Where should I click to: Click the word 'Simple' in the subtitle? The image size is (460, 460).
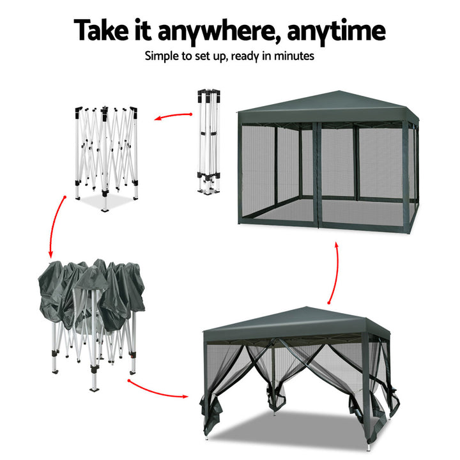click(x=163, y=56)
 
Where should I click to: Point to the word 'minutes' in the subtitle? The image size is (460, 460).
click(x=293, y=56)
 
